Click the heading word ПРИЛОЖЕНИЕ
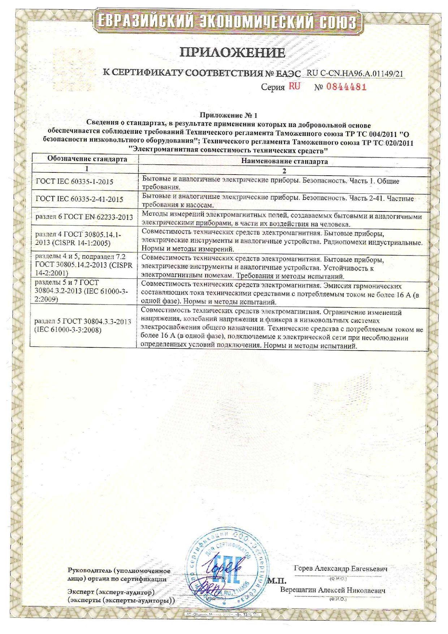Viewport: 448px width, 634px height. [x=233, y=53]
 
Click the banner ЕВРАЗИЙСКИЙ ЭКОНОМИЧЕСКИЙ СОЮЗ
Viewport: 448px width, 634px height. [x=224, y=22]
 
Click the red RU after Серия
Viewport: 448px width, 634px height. [x=294, y=87]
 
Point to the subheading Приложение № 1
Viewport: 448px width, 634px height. [x=229, y=116]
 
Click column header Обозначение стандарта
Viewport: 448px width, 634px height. [x=87, y=159]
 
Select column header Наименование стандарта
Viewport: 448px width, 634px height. [x=284, y=161]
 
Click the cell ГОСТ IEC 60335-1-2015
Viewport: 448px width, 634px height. [x=75, y=182]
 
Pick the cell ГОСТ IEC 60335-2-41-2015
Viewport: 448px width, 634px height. [x=80, y=199]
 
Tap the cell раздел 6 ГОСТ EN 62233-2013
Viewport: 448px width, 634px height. [x=84, y=217]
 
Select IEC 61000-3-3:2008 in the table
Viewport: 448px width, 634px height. [x=68, y=330]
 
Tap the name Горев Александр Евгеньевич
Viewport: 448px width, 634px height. [x=340, y=569]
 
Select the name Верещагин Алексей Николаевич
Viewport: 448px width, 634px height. [x=332, y=590]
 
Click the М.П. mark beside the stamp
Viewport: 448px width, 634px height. [x=276, y=581]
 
